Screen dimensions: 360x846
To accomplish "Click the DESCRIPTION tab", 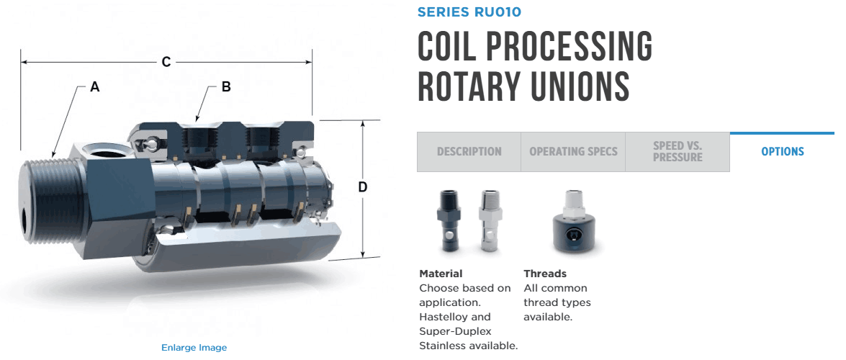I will pyautogui.click(x=469, y=152).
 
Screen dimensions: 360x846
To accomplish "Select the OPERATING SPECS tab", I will pyautogui.click(x=573, y=152).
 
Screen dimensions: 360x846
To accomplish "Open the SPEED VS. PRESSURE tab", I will pyautogui.click(x=677, y=151).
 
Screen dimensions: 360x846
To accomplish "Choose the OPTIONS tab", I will pyautogui.click(x=782, y=152).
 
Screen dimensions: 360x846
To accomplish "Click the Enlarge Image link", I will pyautogui.click(x=194, y=348).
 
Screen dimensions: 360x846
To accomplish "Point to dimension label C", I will pyautogui.click(x=166, y=63).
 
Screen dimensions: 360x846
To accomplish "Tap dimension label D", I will pyautogui.click(x=363, y=188).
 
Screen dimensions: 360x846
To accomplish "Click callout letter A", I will pyautogui.click(x=94, y=88).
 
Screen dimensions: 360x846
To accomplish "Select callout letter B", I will pyautogui.click(x=226, y=87).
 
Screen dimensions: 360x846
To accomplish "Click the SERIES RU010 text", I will pyautogui.click(x=469, y=12).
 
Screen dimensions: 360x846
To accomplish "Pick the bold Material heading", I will pyautogui.click(x=441, y=274).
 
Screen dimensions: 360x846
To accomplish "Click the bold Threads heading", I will pyautogui.click(x=545, y=274).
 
